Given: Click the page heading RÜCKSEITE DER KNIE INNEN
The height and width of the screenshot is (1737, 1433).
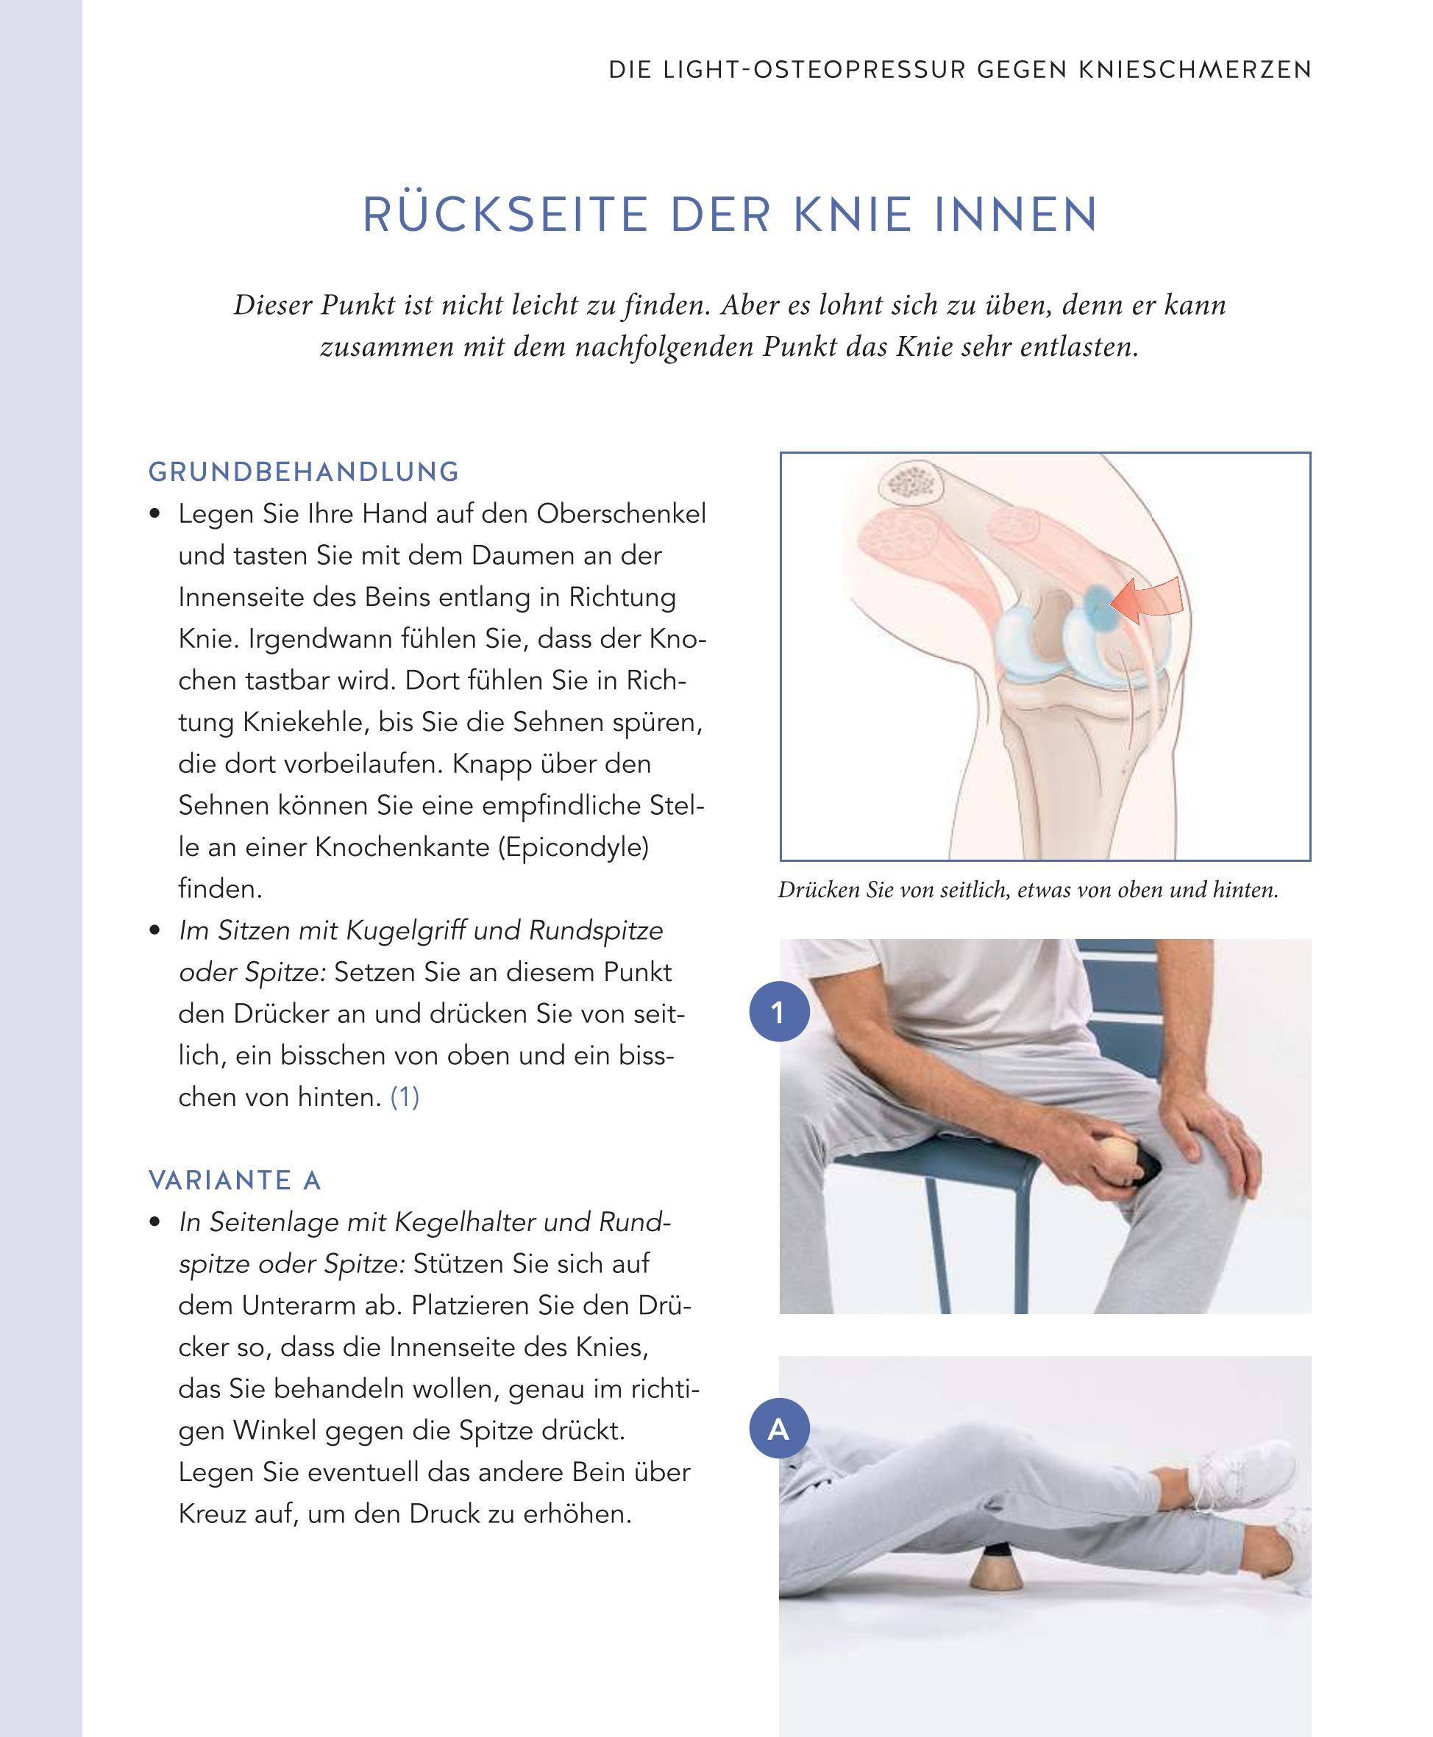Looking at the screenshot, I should (x=730, y=215).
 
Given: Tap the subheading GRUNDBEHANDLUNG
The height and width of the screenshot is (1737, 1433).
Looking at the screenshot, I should (x=304, y=472).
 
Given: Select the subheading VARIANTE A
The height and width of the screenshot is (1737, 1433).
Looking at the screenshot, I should (x=235, y=1181).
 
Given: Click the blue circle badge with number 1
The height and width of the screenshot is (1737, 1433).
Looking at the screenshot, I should (x=779, y=1012).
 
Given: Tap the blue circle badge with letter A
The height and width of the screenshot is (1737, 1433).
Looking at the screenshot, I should (x=779, y=1428).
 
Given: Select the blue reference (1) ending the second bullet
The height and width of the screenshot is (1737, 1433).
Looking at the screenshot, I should (x=405, y=1097).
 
